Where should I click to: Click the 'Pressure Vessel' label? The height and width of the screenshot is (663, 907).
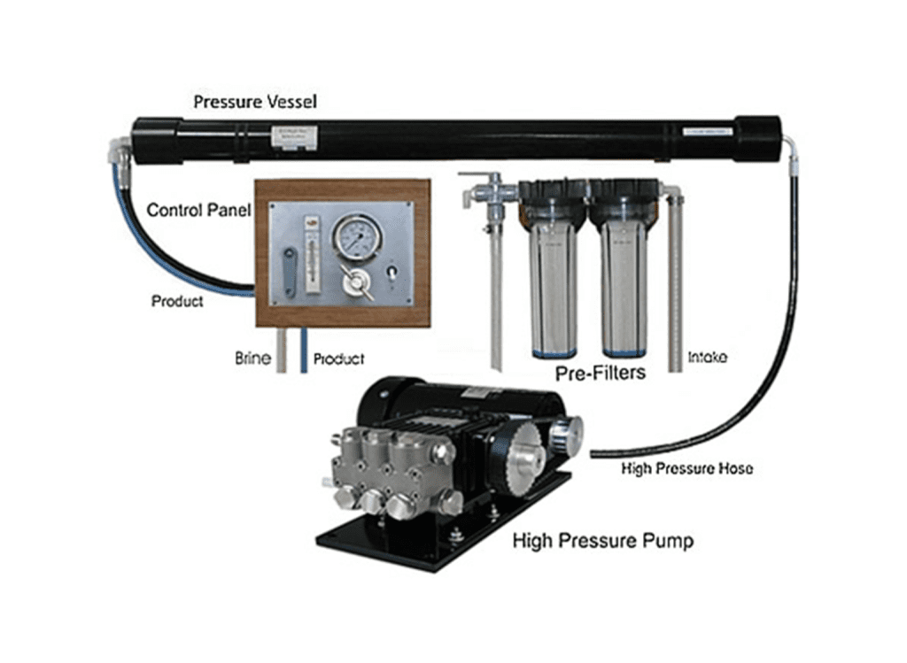point(255,102)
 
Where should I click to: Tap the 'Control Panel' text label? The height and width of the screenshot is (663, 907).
point(196,211)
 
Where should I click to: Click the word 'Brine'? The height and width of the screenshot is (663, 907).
point(252,358)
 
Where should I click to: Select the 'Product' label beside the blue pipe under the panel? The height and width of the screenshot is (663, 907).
point(339,359)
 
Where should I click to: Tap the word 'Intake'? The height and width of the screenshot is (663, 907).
point(708,358)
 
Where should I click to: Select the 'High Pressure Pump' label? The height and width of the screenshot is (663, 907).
point(602,540)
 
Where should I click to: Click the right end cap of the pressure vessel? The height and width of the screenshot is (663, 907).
point(756,139)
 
